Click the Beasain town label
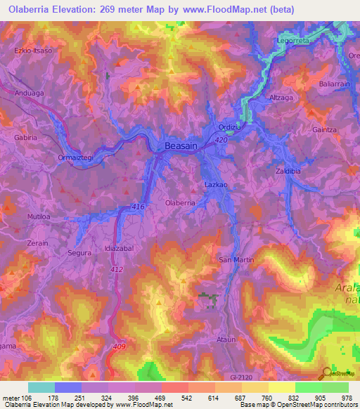point(180,145)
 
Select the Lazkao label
point(214,183)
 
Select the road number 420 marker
point(221,141)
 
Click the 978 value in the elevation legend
point(347,397)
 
